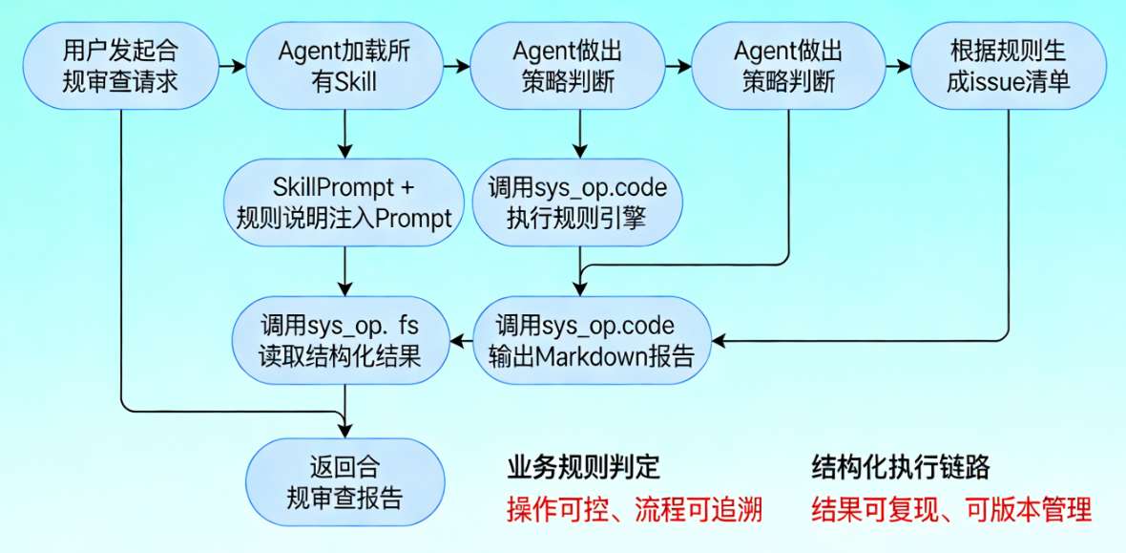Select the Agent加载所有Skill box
coord(344,66)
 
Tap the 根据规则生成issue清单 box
coord(1008,66)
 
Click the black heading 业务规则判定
coord(583,468)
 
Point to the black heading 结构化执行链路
coord(900,468)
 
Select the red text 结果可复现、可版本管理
coord(950,510)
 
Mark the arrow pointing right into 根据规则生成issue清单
coord(898,67)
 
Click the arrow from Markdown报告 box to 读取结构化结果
coord(463,340)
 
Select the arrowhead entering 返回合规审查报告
coord(345,432)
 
